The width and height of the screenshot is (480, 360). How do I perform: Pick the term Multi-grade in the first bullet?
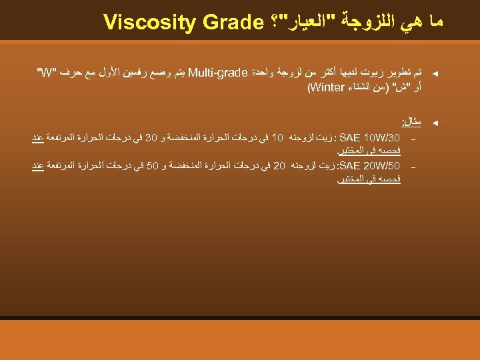(x=219, y=72)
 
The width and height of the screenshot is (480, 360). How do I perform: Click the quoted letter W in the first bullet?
(x=47, y=72)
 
